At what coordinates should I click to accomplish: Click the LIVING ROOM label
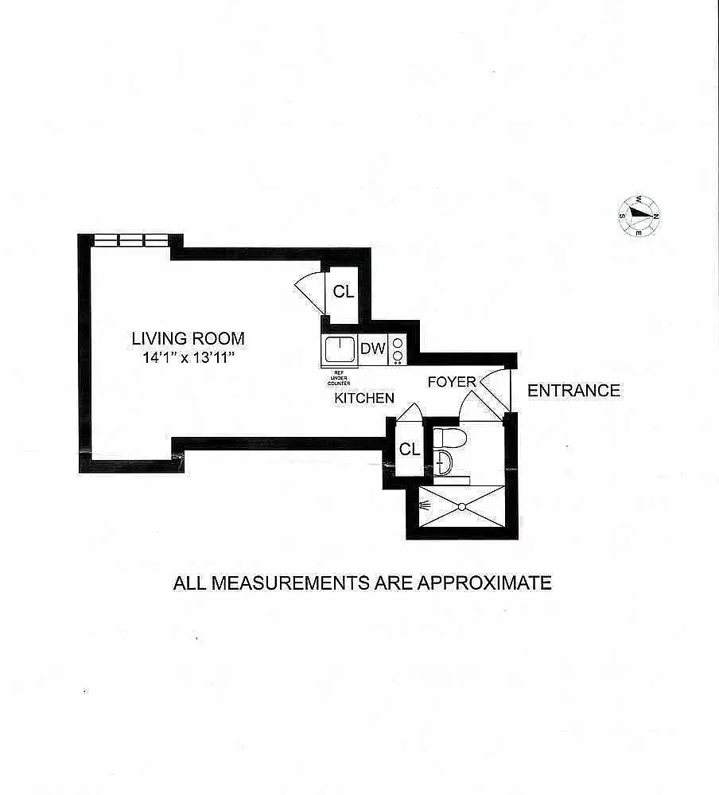[188, 338]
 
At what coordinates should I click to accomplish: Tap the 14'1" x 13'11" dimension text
[188, 358]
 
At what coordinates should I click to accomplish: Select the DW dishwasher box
[372, 349]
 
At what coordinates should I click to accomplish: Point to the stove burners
[398, 349]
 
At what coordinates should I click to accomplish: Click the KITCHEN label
[364, 398]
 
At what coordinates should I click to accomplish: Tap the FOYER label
[451, 382]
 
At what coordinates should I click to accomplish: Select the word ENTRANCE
[573, 391]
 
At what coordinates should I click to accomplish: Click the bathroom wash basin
[443, 461]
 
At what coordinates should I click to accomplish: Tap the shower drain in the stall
[461, 506]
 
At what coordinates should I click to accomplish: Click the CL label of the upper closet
[343, 292]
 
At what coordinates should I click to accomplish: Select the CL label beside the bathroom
[409, 450]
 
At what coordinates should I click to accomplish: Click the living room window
[131, 240]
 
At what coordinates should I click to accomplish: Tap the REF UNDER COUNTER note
[338, 376]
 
